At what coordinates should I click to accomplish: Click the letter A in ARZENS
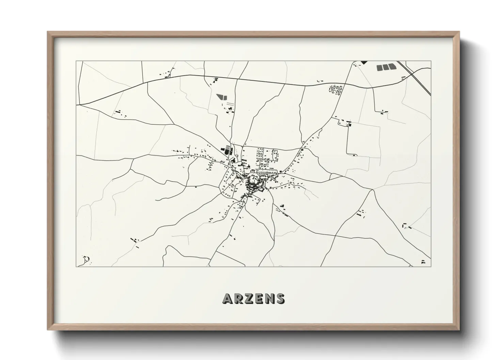pyautogui.click(x=228, y=298)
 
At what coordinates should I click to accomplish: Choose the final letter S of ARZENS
pyautogui.click(x=280, y=298)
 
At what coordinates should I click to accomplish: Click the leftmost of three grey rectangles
pyautogui.click(x=379, y=67)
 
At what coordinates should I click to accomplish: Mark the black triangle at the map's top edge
pyautogui.click(x=364, y=62)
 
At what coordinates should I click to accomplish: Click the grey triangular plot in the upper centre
pyautogui.click(x=222, y=96)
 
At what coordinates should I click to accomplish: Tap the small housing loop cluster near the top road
pyautogui.click(x=335, y=89)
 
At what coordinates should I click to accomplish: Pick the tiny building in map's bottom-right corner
pyautogui.click(x=423, y=262)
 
